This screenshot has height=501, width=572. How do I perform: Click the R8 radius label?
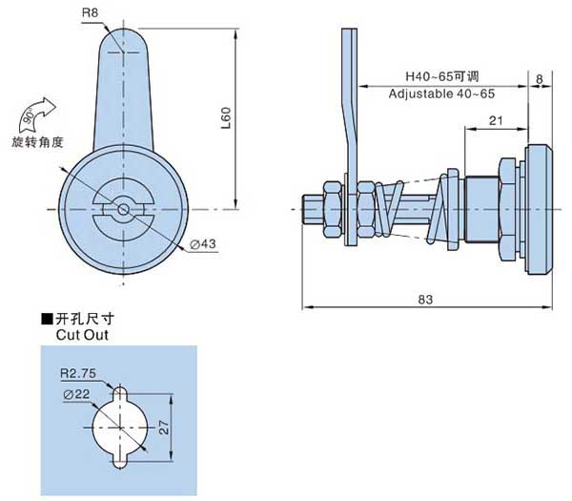[x=91, y=13]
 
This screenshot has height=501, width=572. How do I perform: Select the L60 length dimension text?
[x=226, y=118]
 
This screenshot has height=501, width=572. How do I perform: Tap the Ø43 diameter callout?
[x=203, y=244]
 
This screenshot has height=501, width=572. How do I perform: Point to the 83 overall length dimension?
[x=425, y=300]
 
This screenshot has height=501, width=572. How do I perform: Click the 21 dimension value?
[x=496, y=120]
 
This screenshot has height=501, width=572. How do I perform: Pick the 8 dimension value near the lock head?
[x=540, y=79]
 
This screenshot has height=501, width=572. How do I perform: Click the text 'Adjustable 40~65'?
[x=441, y=94]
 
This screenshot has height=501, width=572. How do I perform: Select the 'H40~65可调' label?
[x=442, y=76]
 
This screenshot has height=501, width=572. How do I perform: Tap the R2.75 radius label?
[x=78, y=373]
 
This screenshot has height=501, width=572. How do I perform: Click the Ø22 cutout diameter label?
[x=76, y=394]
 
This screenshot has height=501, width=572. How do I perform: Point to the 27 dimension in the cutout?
[x=164, y=428]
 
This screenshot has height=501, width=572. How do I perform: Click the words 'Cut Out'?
[x=82, y=335]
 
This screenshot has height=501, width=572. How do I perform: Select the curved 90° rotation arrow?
[x=37, y=115]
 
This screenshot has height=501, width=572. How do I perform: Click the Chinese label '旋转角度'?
[x=37, y=142]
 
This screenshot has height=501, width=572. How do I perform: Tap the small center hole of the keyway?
[x=123, y=210]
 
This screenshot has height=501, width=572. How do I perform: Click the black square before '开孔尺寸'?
[x=47, y=319]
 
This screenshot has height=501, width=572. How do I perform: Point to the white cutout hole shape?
[x=120, y=427]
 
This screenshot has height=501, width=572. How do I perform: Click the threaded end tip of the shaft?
[x=304, y=209]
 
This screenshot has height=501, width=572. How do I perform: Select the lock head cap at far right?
[x=539, y=209]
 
